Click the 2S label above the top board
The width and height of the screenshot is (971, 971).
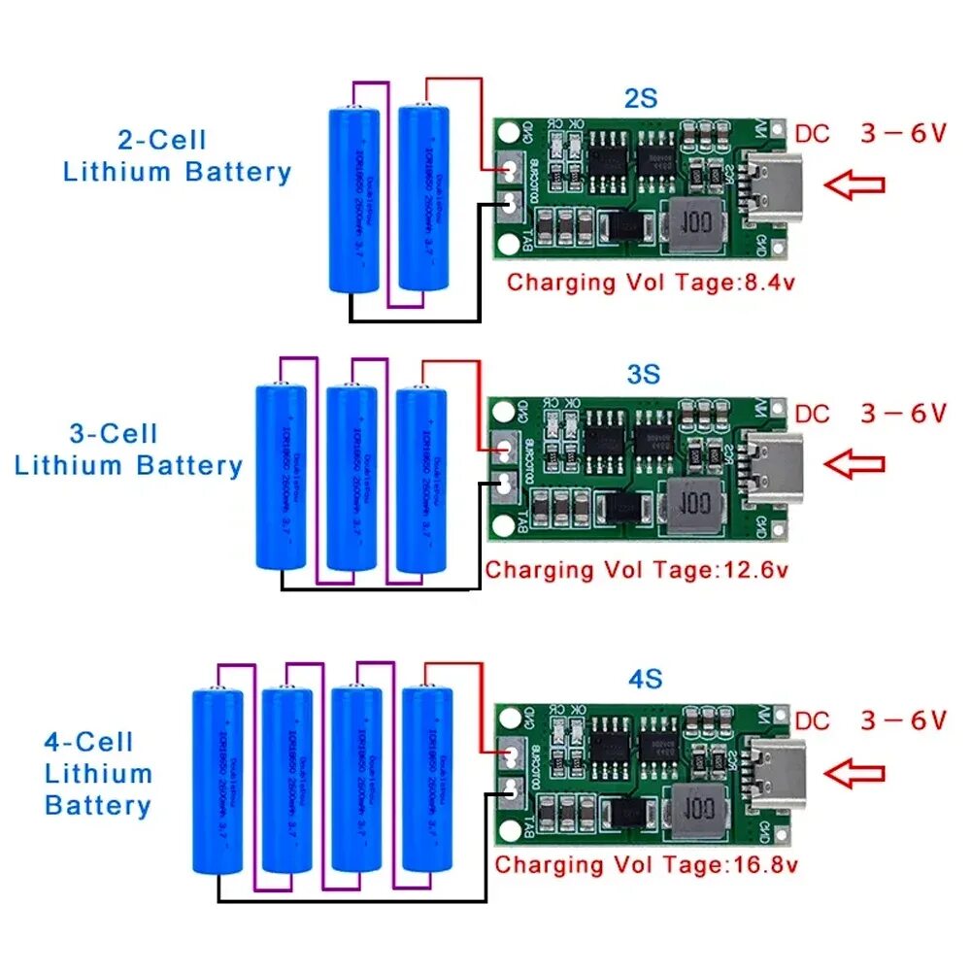click(640, 99)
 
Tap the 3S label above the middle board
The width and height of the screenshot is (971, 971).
click(642, 374)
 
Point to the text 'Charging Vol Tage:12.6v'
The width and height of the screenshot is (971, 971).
click(637, 570)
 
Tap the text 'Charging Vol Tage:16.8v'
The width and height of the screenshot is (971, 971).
click(647, 864)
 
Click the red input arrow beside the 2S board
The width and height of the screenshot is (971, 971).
click(854, 184)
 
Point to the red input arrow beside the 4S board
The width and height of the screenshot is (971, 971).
click(854, 773)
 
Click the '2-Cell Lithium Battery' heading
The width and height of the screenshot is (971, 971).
click(177, 156)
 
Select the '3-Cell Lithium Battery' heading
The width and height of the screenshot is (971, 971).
click(128, 450)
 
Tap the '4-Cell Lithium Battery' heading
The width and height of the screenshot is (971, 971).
click(98, 774)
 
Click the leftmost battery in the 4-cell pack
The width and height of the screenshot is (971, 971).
click(218, 777)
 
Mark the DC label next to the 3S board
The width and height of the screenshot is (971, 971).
click(812, 415)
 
